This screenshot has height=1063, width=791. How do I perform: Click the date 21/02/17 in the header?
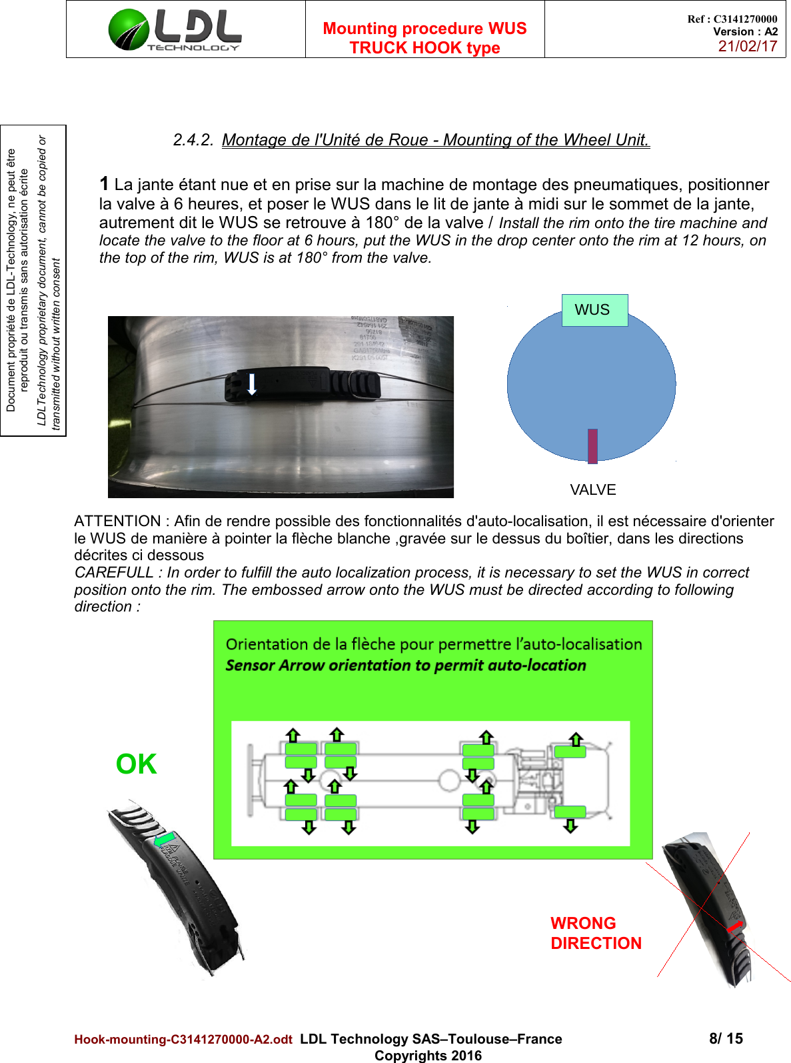click(747, 46)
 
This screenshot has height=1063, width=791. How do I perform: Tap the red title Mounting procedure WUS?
click(424, 29)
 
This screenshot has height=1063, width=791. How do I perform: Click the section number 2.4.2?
click(193, 140)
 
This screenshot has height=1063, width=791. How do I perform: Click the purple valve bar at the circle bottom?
click(592, 445)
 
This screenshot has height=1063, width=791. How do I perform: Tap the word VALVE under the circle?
click(592, 490)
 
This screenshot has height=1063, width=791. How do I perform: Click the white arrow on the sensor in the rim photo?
click(252, 384)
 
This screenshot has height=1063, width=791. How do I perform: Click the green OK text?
click(137, 764)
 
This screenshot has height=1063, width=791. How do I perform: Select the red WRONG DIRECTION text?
click(595, 934)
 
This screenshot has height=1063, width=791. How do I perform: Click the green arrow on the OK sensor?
click(165, 840)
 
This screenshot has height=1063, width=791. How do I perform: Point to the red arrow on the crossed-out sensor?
click(734, 927)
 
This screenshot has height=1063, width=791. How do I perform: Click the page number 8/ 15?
click(726, 1038)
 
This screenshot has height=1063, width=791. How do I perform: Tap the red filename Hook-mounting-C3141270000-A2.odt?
click(183, 1040)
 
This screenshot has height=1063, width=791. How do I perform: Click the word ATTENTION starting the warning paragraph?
click(117, 521)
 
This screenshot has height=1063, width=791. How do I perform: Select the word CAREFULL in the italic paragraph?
click(113, 573)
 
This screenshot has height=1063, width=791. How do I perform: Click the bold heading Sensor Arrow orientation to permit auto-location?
click(405, 666)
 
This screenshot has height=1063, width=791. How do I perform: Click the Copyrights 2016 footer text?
click(428, 1056)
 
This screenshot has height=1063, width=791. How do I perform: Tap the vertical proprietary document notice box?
click(33, 280)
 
